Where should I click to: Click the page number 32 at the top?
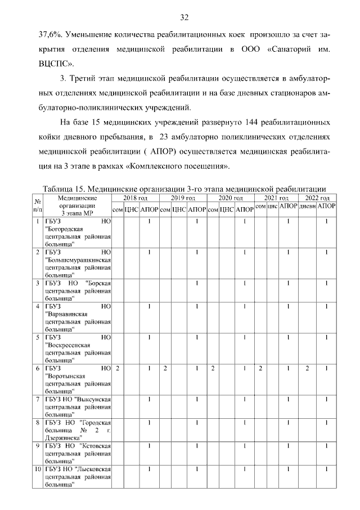pyautogui.click(x=184, y=16)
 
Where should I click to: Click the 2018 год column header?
pyautogui.click(x=136, y=198)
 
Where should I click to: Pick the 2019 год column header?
pyautogui.click(x=183, y=198)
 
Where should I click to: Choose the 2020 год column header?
pyautogui.click(x=231, y=198)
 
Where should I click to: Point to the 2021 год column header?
pyautogui.click(x=276, y=198)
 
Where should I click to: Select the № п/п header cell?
pyautogui.click(x=38, y=205)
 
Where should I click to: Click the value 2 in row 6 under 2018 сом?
pyautogui.click(x=118, y=368)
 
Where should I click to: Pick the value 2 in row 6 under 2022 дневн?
pyautogui.click(x=307, y=368)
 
